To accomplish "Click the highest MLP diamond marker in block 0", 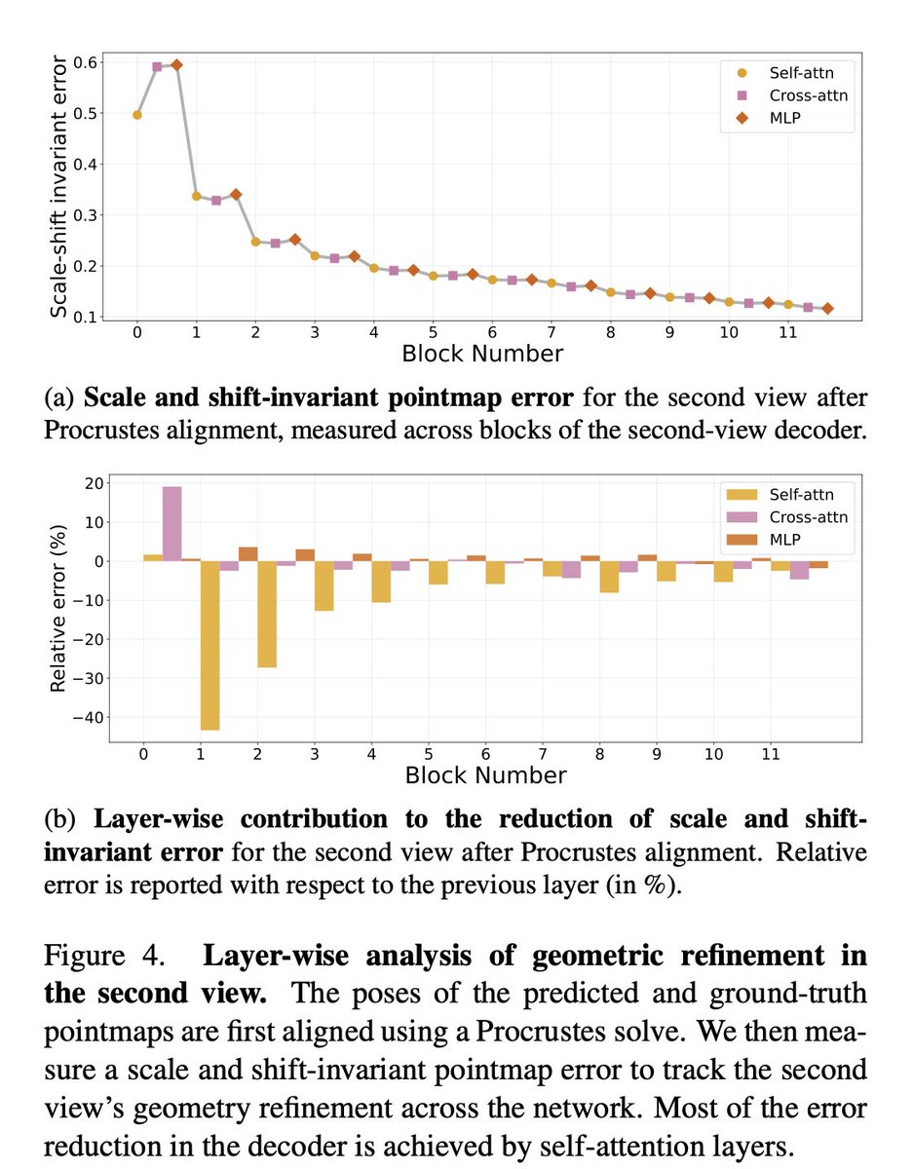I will tap(176, 65).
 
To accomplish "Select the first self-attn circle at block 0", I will tap(137, 115).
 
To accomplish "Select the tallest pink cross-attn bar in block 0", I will tap(171, 523).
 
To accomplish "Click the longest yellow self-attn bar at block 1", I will tap(209, 645).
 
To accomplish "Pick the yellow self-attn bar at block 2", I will tap(267, 614).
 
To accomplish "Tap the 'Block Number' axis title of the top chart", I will tap(482, 353).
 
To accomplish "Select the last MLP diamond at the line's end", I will tap(827, 309).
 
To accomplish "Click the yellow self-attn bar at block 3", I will tap(323, 585).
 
